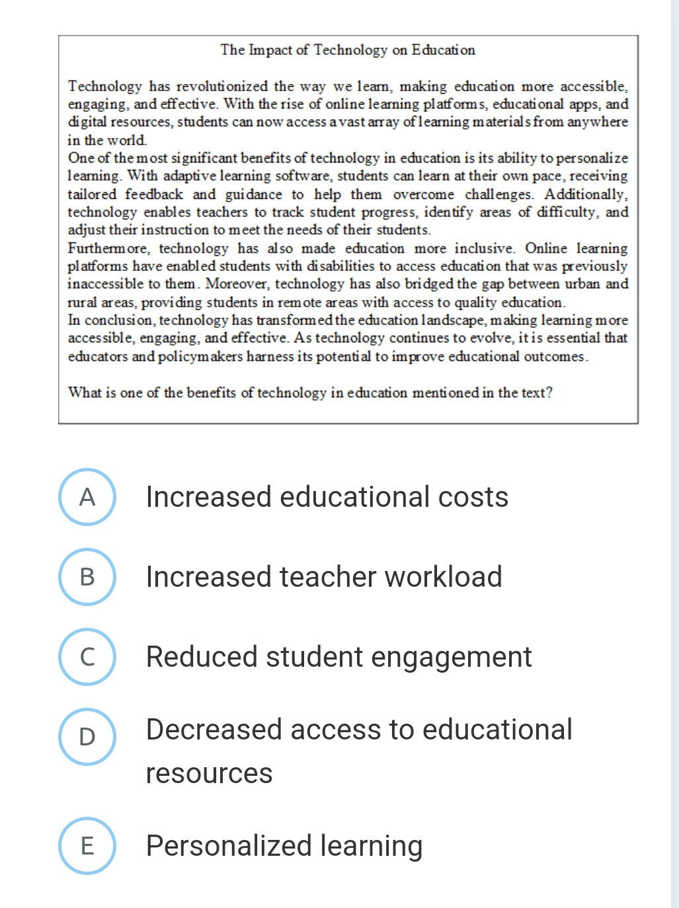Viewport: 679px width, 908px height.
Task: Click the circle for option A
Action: (x=87, y=497)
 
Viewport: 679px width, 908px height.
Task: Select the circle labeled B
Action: (x=87, y=577)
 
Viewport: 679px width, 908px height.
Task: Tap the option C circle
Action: (x=87, y=657)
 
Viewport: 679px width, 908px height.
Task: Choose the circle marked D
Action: (x=87, y=737)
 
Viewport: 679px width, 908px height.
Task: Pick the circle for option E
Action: (x=87, y=846)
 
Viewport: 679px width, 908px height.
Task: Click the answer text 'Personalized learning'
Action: (x=284, y=846)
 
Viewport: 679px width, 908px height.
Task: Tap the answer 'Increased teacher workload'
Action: (x=324, y=577)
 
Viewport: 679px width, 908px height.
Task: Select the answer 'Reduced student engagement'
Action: (x=339, y=657)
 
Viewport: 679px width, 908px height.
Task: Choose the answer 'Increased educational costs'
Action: (x=327, y=497)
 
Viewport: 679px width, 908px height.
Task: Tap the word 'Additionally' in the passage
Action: (x=585, y=194)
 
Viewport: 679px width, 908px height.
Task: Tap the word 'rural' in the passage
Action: (x=82, y=303)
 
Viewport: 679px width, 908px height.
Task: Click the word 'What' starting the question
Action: (x=85, y=393)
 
